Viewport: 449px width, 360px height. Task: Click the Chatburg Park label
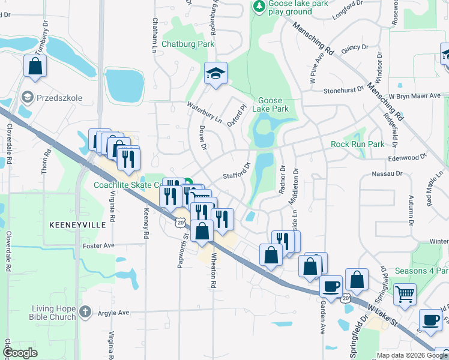[188, 44]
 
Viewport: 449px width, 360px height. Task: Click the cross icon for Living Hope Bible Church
[85, 311]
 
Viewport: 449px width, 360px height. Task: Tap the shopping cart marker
[405, 295]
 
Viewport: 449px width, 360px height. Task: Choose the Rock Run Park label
[357, 145]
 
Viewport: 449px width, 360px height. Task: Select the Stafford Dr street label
[237, 171]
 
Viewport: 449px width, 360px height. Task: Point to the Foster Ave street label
[100, 245]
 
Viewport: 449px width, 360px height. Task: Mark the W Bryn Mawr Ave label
[414, 95]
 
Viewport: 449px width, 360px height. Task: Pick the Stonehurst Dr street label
[343, 90]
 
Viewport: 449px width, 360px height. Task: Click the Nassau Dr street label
[387, 173]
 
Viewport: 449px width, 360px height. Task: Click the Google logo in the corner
[20, 353]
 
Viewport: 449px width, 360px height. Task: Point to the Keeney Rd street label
[145, 224]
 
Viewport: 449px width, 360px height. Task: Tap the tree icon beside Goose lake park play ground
[259, 7]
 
